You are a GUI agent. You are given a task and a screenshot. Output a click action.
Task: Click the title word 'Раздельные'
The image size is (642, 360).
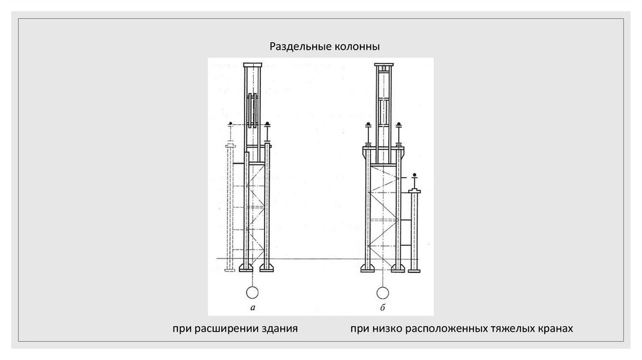[298, 46]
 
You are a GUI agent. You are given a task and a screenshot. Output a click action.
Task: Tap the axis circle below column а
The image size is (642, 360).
[253, 292]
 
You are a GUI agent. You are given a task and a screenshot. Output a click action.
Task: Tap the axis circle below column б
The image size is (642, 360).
[382, 292]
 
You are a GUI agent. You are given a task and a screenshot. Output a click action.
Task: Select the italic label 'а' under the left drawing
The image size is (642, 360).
[252, 307]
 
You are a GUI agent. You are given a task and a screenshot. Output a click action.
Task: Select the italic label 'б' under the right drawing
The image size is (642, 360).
[382, 307]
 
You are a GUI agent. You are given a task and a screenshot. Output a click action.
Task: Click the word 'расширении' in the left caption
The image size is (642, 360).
[227, 328]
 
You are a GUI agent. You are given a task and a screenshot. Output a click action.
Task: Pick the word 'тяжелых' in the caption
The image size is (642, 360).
[503, 328]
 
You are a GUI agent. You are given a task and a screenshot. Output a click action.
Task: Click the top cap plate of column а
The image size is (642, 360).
[253, 65]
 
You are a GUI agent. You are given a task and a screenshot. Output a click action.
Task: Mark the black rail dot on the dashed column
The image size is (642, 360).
[231, 122]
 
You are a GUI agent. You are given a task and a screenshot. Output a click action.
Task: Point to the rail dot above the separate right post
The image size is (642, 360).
[414, 174]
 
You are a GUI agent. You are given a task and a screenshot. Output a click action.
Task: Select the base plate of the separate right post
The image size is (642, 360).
[414, 270]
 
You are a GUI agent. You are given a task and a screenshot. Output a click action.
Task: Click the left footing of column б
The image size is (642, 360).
[368, 269]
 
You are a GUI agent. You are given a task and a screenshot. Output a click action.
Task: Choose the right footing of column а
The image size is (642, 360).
[266, 269]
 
